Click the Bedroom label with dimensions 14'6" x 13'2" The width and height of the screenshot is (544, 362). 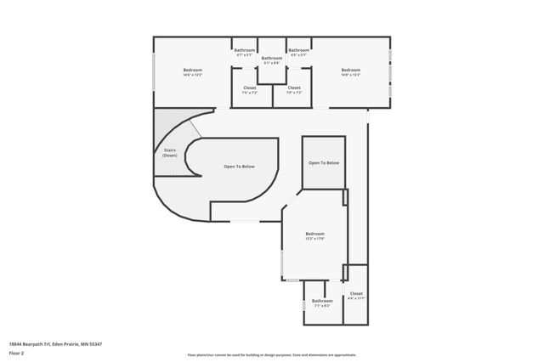pyautogui.click(x=192, y=72)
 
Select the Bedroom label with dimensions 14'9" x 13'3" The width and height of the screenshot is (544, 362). pyautogui.click(x=351, y=72)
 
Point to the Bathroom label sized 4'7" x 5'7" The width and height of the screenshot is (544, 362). pyautogui.click(x=245, y=52)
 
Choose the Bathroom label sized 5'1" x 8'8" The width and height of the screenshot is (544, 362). pyautogui.click(x=272, y=59)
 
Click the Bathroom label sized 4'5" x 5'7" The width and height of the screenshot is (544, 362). pyautogui.click(x=298, y=52)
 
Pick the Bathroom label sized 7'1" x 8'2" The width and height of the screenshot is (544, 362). pyautogui.click(x=322, y=303)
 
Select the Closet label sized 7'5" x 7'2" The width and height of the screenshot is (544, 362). pyautogui.click(x=250, y=90)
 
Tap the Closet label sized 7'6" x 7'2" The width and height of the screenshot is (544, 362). pyautogui.click(x=294, y=90)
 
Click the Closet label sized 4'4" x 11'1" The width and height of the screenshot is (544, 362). pyautogui.click(x=356, y=296)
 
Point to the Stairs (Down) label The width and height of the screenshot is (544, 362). pyautogui.click(x=170, y=153)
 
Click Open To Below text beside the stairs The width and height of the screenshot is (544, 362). pyautogui.click(x=239, y=167)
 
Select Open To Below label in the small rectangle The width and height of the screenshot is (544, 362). pyautogui.click(x=324, y=162)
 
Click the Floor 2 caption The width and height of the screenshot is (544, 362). pyautogui.click(x=17, y=352)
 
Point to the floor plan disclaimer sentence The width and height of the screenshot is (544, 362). pyautogui.click(x=272, y=355)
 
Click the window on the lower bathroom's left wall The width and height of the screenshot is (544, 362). pyautogui.click(x=303, y=303)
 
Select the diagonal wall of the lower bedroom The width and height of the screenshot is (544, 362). pyautogui.click(x=289, y=205)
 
